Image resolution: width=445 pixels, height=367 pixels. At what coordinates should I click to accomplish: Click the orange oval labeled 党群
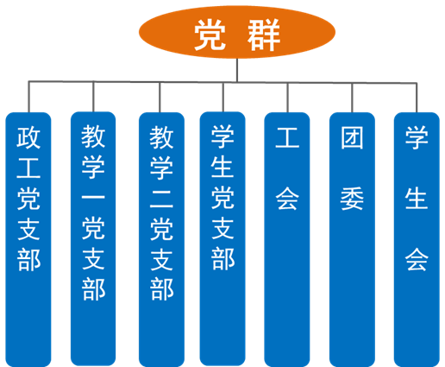coord(237,32)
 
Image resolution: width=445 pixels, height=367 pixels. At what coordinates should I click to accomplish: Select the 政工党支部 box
coord(28,239)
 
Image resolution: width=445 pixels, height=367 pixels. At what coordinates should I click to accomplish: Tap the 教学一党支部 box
coord(93,238)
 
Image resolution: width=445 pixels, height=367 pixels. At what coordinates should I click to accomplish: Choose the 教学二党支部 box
coord(161,239)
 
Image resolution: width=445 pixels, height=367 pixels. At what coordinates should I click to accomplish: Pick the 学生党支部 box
coord(222,238)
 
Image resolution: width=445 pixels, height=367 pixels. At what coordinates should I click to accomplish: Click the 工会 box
coord(287,239)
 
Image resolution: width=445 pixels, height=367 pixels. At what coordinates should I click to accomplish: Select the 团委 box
coord(352,239)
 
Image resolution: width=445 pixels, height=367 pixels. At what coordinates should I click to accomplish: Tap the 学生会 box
coord(417,239)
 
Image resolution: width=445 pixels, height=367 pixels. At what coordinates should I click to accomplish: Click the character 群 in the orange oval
coord(264,35)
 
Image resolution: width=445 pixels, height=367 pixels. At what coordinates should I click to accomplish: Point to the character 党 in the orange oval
coord(210,35)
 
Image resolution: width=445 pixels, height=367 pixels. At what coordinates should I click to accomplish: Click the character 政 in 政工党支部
coord(28,137)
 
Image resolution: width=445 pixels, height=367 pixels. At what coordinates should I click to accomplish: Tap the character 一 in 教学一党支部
coord(93,198)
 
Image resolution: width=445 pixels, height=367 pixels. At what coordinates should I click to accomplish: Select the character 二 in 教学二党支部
coord(161,199)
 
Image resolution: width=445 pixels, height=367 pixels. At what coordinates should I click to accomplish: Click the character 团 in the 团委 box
coord(352,137)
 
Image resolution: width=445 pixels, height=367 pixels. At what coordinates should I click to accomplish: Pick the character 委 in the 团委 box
coord(352,199)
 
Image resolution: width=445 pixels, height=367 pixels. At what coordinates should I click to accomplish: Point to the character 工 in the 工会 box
coord(287,137)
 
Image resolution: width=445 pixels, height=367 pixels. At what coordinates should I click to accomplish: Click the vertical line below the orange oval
coord(237,70)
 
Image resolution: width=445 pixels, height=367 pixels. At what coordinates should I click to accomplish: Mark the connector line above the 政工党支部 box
coord(28,97)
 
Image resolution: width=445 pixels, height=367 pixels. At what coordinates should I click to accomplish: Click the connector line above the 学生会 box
coord(417,98)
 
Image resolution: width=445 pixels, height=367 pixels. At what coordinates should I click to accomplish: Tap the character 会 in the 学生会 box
coord(417,260)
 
